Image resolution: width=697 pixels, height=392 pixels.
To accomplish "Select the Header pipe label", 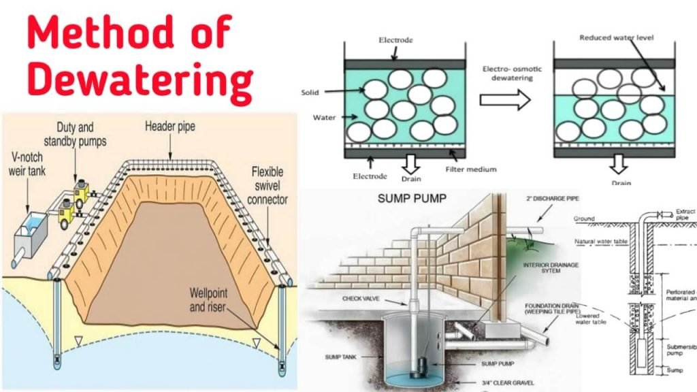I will click(x=170, y=126).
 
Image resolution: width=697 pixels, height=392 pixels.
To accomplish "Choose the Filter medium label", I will click(x=471, y=169).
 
